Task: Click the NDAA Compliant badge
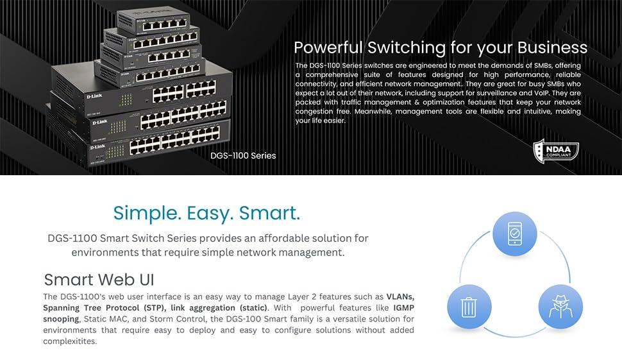[556, 151]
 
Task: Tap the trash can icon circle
[469, 306]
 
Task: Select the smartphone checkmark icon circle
[514, 234]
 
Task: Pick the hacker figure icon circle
[560, 306]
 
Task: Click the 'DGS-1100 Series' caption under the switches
[243, 155]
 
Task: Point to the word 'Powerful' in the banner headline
[328, 47]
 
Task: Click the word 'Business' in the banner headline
[552, 47]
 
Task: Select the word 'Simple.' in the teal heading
[147, 213]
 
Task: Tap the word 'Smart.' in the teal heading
[270, 213]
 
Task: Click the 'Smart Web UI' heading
[99, 279]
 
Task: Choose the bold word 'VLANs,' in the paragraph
[400, 297]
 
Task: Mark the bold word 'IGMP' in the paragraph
[404, 307]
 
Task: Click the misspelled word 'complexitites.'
[70, 341]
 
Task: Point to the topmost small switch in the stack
[153, 22]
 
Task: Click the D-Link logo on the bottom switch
[98, 147]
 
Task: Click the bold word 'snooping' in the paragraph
[61, 319]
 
